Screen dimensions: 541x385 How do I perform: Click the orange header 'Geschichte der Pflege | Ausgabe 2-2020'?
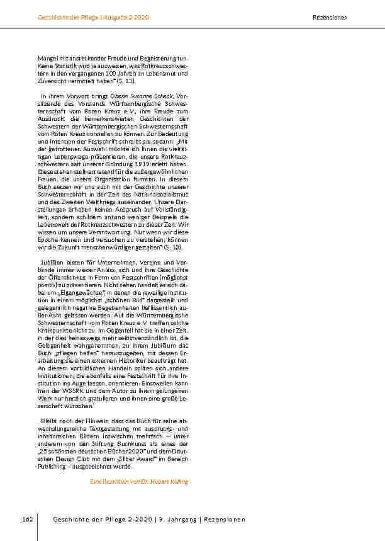pyautogui.click(x=93, y=17)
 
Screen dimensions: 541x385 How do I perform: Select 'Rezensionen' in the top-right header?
pyautogui.click(x=330, y=17)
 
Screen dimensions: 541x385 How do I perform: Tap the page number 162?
pyautogui.click(x=27, y=519)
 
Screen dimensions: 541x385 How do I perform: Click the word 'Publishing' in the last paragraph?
pyautogui.click(x=53, y=467)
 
